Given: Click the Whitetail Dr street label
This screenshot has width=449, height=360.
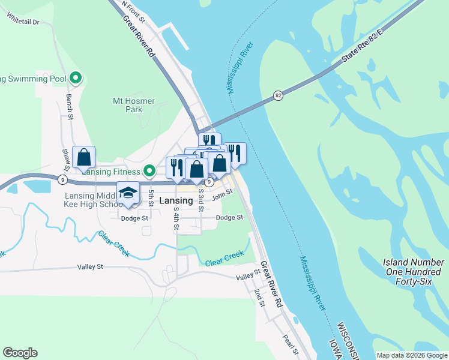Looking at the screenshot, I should (23, 22).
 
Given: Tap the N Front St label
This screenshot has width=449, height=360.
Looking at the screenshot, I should (133, 11).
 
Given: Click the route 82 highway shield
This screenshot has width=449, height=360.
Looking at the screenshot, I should (277, 95).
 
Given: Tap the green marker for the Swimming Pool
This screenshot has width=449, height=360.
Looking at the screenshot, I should (76, 78).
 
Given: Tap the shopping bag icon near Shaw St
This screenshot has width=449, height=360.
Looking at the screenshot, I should (84, 158).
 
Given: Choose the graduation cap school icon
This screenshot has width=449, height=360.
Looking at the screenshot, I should (128, 193).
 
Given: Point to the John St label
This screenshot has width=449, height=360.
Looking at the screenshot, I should (222, 192).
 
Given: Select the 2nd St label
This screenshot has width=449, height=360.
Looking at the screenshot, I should (259, 298).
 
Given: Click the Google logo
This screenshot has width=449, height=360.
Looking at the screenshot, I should (20, 353).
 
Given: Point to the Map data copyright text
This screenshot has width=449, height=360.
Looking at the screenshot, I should (412, 355).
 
